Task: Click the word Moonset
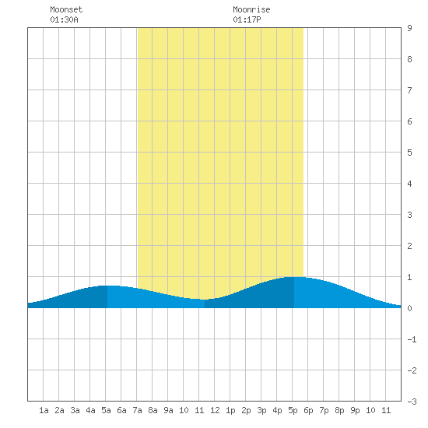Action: click(66, 9)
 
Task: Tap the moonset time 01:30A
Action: click(64, 19)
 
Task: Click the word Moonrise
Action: click(251, 9)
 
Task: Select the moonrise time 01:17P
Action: click(247, 19)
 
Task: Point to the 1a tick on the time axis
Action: click(44, 410)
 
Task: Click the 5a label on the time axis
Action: click(106, 410)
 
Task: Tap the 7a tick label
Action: click(137, 410)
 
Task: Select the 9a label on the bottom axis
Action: click(168, 410)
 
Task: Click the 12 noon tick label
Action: click(215, 410)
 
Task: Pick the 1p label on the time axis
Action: click(230, 410)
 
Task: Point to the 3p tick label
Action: click(261, 410)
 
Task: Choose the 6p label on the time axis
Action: click(308, 410)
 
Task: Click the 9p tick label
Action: click(355, 410)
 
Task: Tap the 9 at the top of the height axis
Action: click(409, 28)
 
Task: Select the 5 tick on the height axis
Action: click(409, 153)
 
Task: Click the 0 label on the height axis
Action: click(409, 308)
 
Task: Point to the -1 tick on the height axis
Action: click(412, 339)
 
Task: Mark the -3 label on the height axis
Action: click(412, 402)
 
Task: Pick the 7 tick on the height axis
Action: click(409, 90)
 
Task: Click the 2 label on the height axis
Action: click(409, 246)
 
